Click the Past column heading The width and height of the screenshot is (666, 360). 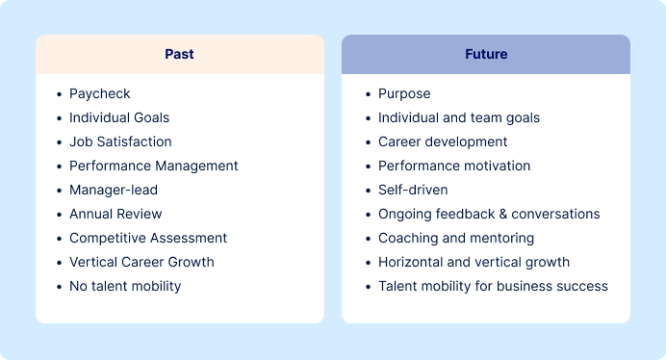[179, 54]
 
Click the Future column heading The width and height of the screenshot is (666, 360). [485, 54]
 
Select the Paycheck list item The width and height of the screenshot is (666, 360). [99, 93]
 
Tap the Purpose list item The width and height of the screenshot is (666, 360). [404, 93]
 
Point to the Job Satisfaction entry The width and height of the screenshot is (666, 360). [120, 141]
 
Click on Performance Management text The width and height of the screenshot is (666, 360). [153, 166]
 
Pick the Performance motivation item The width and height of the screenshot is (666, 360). [453, 166]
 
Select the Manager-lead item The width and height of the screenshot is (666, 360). [113, 190]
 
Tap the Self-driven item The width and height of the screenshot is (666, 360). [413, 190]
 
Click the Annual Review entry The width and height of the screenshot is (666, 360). [115, 214]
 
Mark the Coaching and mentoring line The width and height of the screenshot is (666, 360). [455, 238]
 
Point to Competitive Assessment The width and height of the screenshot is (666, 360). [148, 238]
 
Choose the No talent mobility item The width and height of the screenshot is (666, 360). [125, 286]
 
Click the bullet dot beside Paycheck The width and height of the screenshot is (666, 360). [59, 94]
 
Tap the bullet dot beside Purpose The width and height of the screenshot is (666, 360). [367, 94]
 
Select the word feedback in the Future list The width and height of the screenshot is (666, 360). [462, 214]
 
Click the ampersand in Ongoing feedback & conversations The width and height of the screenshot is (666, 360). [502, 214]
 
